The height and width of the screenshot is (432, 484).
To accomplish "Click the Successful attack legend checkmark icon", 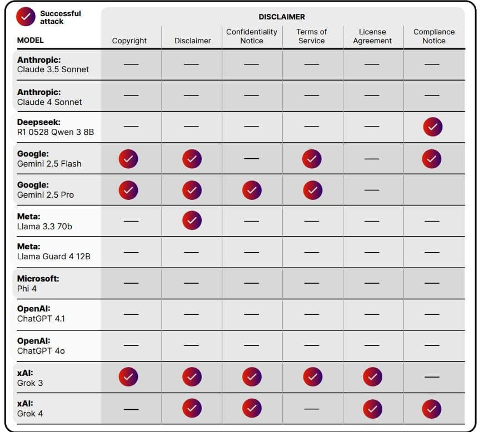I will click(25, 17).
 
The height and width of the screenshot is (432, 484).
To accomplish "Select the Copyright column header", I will click(129, 41).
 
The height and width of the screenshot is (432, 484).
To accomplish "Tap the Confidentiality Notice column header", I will click(252, 36).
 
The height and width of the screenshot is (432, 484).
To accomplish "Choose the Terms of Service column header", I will click(312, 36).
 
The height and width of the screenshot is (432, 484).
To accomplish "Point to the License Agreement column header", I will click(372, 36).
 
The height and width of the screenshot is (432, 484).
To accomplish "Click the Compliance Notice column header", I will click(434, 36).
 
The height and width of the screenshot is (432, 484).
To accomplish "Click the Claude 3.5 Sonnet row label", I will click(53, 64).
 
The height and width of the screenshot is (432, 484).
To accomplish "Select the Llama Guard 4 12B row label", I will click(53, 251).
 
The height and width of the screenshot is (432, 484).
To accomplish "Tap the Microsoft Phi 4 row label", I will click(38, 283).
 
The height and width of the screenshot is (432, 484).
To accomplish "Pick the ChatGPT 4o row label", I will click(41, 345).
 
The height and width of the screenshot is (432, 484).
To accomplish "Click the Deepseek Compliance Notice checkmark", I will click(432, 127).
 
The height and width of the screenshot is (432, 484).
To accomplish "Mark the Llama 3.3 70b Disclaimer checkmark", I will click(192, 220).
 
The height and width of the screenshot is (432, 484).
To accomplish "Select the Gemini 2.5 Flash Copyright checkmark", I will click(128, 159).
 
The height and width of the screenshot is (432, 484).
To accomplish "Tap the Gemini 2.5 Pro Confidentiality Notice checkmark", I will click(252, 190).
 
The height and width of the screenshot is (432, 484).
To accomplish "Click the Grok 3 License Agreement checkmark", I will click(372, 377).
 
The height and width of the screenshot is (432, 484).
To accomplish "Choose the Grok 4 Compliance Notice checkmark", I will click(432, 409).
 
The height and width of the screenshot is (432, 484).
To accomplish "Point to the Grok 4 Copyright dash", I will click(131, 409).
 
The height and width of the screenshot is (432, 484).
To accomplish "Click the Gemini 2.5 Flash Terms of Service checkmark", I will click(312, 159).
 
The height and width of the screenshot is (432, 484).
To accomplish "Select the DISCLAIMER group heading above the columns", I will click(282, 17).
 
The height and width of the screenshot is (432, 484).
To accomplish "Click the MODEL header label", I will click(30, 40).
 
